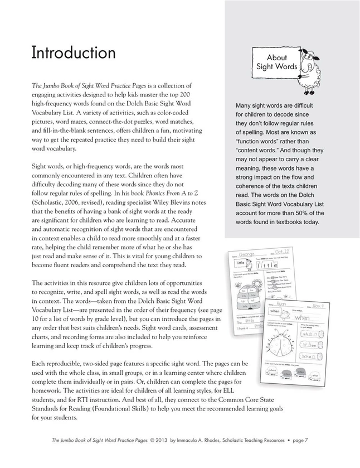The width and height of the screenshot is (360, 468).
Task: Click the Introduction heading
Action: click(73, 53)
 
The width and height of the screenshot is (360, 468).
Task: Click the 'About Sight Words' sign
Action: click(276, 62)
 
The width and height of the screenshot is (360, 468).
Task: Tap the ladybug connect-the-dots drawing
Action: click(282, 344)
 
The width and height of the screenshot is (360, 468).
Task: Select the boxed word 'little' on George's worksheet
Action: click(240, 262)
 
